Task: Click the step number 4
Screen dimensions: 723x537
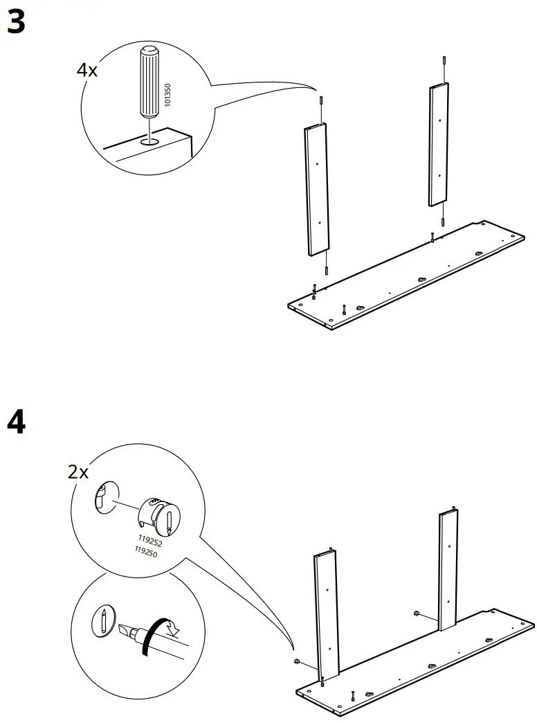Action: tap(17, 422)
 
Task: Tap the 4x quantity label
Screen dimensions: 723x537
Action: tap(88, 70)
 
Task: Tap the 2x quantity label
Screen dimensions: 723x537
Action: tap(78, 472)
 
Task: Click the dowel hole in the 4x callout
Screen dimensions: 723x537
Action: tap(148, 141)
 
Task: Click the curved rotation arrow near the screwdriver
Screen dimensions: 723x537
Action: tap(161, 631)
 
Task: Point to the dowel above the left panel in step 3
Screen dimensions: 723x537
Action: tap(322, 100)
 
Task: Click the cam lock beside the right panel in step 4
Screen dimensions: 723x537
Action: tap(417, 614)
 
